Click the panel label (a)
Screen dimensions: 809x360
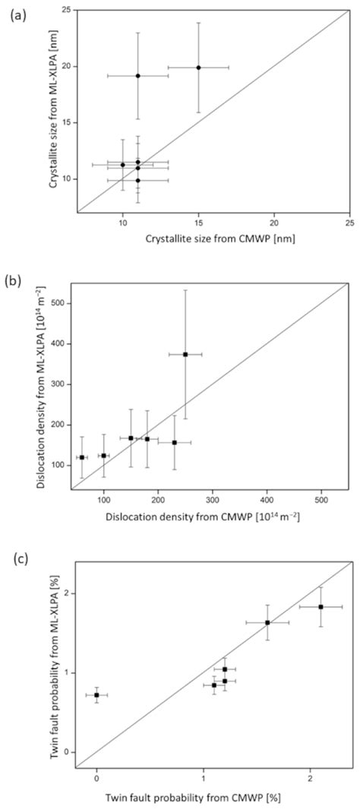pyautogui.click(x=17, y=14)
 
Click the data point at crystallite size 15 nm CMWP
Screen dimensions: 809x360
pyautogui.click(x=198, y=68)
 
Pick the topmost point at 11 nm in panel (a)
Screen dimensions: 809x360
pyautogui.click(x=137, y=75)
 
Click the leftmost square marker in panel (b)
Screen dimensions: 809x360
pyautogui.click(x=82, y=457)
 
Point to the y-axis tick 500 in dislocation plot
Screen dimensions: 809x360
pyautogui.click(x=62, y=303)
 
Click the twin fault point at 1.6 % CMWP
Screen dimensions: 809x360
pyautogui.click(x=267, y=623)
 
